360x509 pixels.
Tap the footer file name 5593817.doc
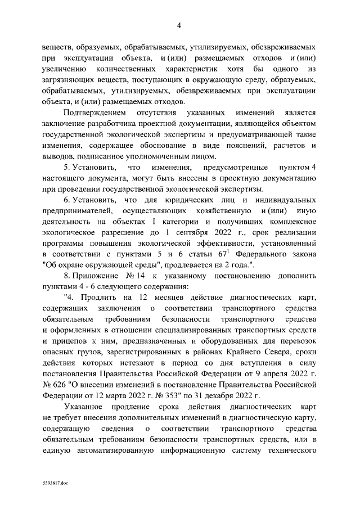pos(55,483)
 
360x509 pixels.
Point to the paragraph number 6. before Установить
pos(68,200)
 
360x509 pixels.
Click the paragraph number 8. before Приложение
pos(68,276)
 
